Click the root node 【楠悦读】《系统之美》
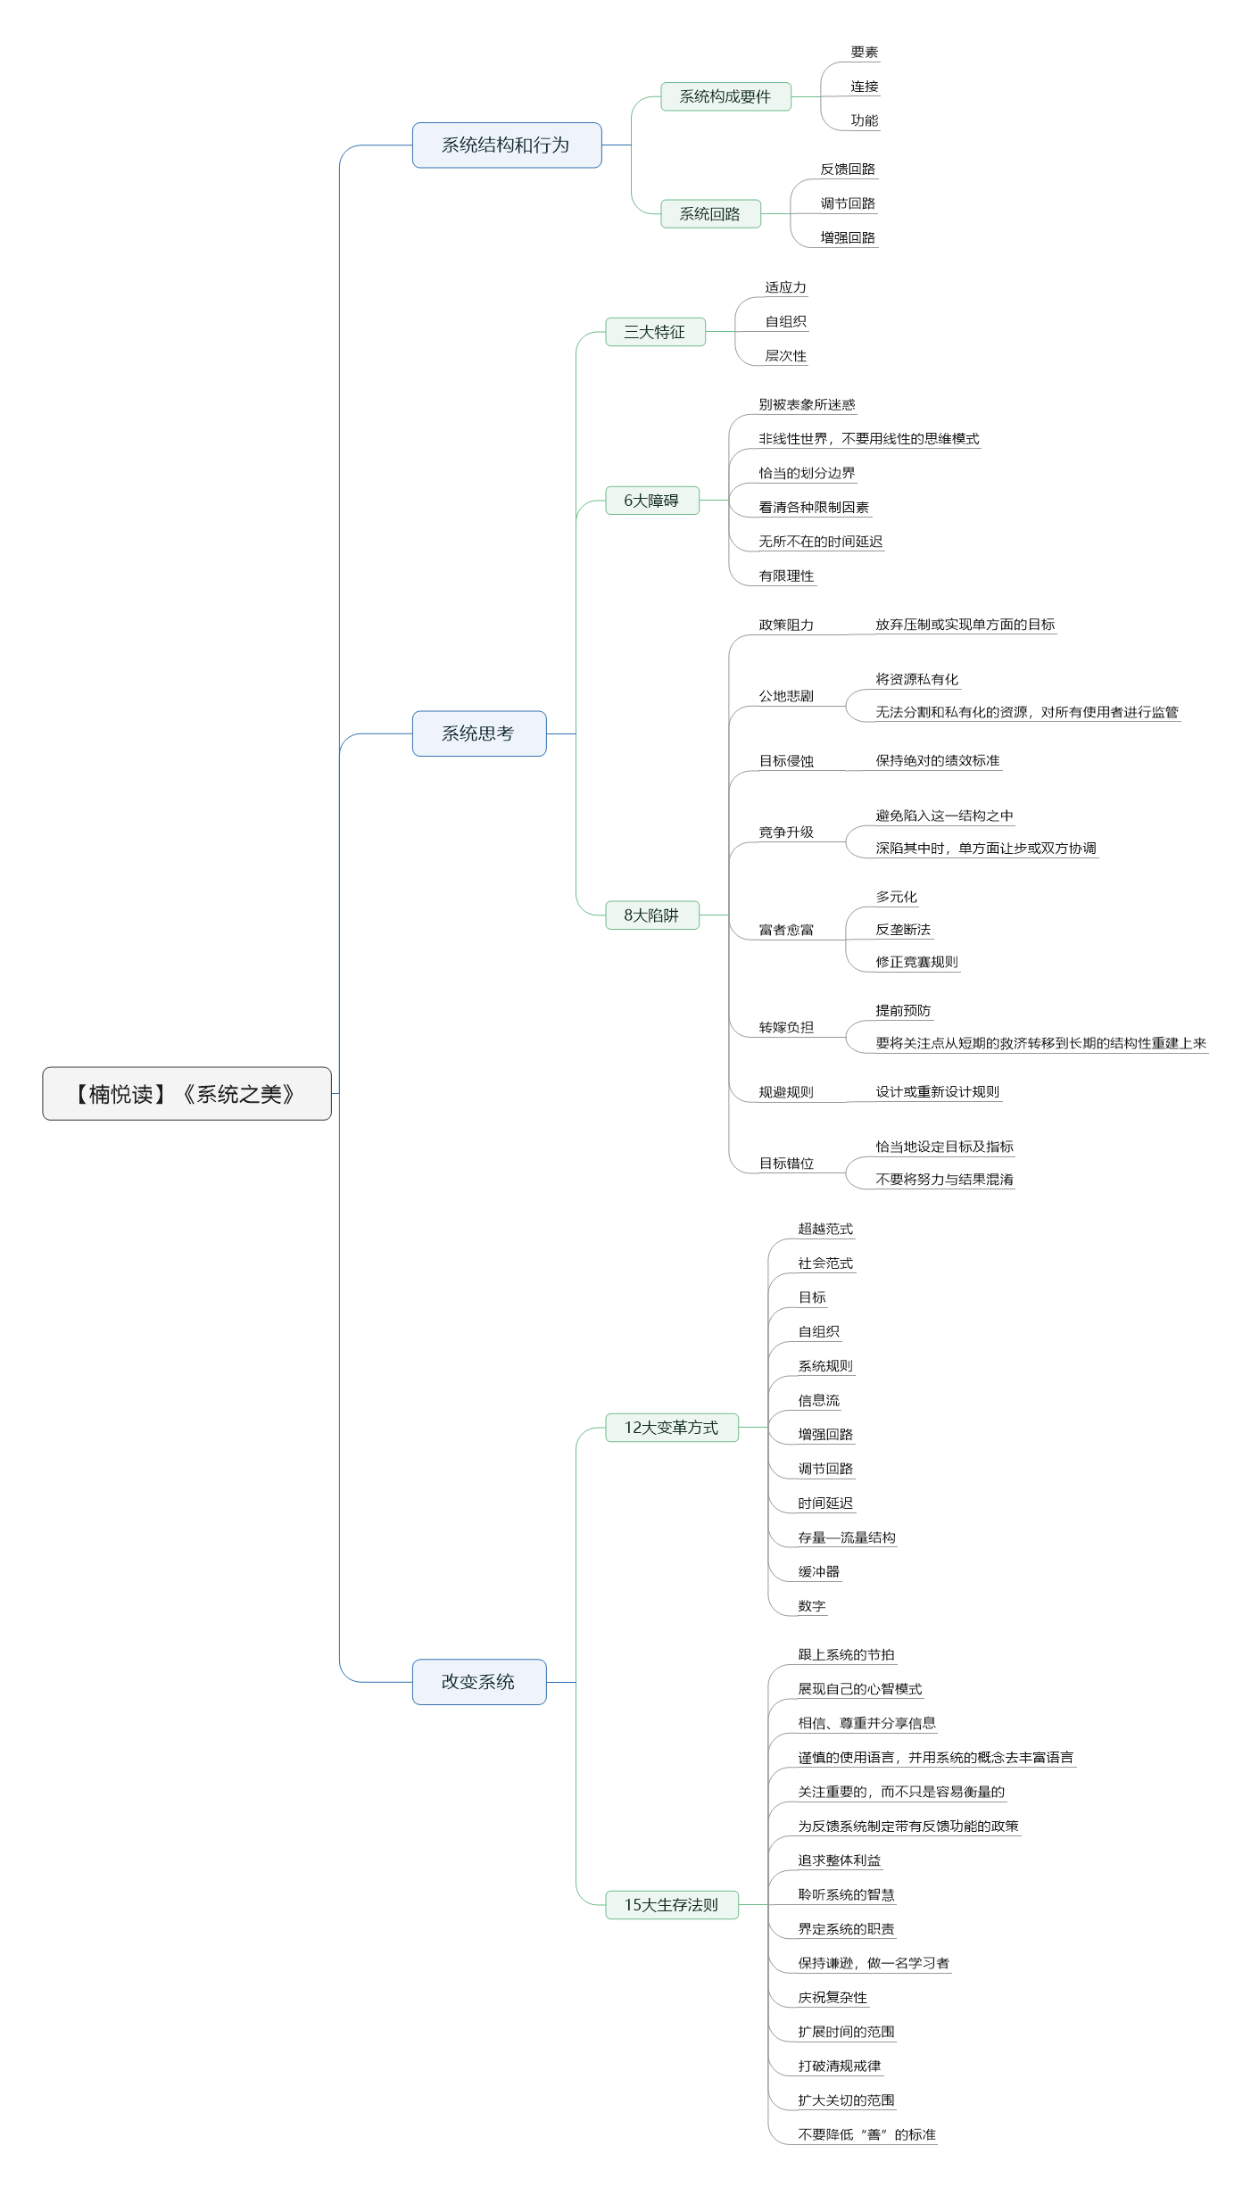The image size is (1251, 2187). point(186,1093)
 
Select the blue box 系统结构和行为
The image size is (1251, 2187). point(507,145)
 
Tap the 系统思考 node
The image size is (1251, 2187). point(479,733)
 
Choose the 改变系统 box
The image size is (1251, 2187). point(479,1682)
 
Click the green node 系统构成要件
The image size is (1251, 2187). point(725,96)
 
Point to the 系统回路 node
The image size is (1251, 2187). point(710,214)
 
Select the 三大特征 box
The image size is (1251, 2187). point(655,332)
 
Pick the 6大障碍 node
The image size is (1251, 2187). point(651,501)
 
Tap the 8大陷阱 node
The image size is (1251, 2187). point(651,915)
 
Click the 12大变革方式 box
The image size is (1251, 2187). point(672,1428)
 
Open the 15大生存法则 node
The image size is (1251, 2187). point(672,1905)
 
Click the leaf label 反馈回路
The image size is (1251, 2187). point(848,170)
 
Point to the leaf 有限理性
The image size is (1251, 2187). point(786,576)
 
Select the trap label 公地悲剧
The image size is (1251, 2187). point(786,696)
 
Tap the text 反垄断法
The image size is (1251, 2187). point(903,930)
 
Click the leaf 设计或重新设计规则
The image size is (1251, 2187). point(937,1092)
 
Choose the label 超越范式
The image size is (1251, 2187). point(825,1230)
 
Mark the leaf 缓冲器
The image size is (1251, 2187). point(818,1572)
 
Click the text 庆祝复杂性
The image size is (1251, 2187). point(833,1998)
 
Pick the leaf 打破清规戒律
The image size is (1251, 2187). point(839,2067)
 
